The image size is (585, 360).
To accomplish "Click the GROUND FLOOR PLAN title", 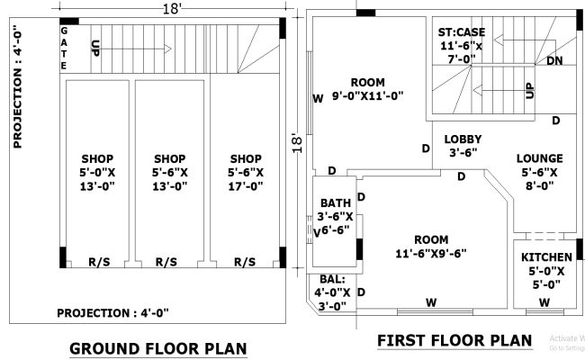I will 157,348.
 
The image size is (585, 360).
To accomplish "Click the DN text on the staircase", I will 555,60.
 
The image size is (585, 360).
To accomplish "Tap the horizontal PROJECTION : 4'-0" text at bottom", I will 112,312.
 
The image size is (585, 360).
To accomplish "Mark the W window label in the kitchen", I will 544,302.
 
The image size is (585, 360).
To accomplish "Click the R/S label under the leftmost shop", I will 99,262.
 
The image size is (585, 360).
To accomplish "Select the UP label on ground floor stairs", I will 96,47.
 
